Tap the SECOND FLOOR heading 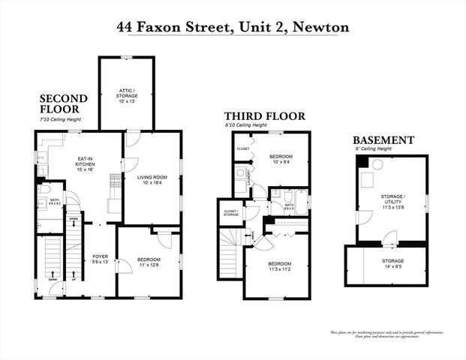[63, 104]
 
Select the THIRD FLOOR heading [265, 116]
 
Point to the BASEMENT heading [383, 140]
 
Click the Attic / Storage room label [127, 95]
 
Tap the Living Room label [152, 180]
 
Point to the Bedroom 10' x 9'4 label [281, 159]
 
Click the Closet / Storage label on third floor [230, 213]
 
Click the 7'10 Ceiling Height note [59, 120]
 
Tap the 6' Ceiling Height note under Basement [375, 149]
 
